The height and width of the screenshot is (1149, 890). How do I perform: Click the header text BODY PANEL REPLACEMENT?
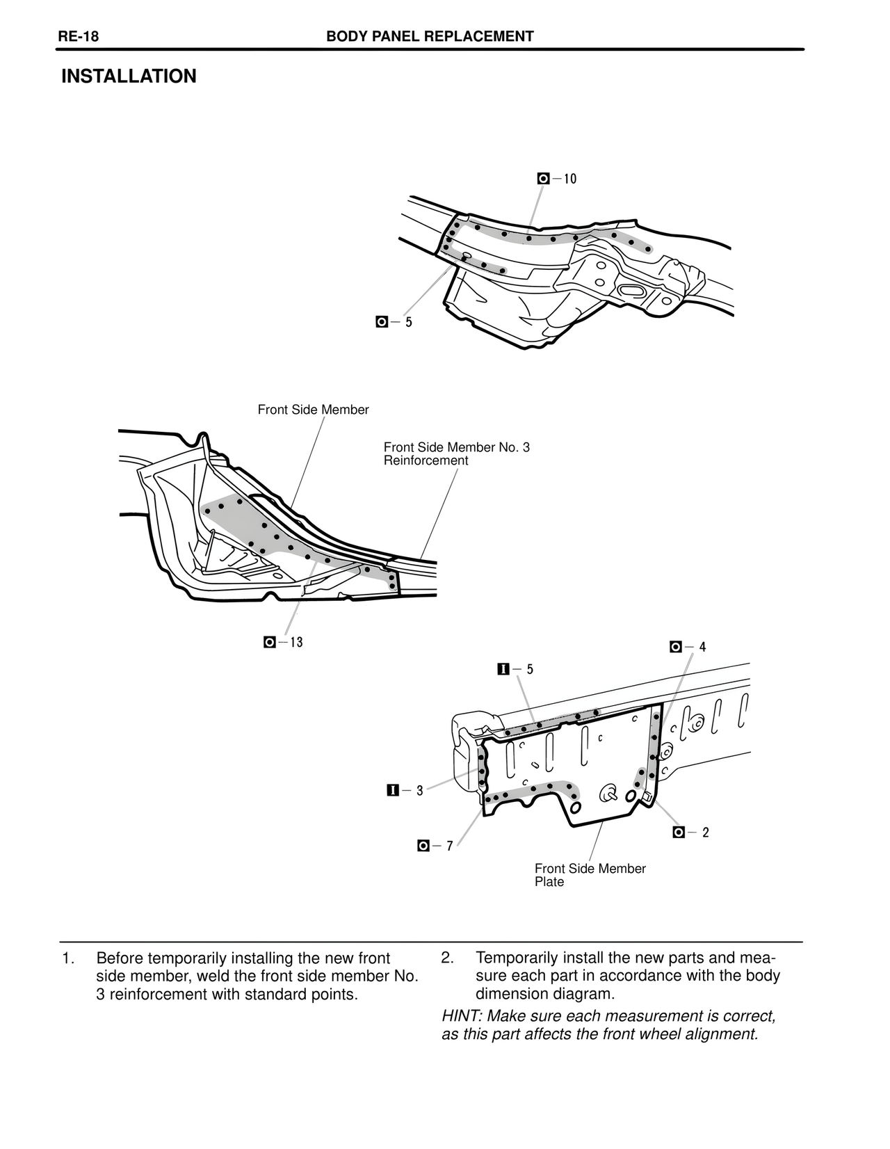(x=430, y=37)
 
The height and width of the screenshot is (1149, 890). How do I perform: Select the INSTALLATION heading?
(x=129, y=77)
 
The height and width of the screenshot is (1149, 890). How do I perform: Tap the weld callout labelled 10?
(x=558, y=179)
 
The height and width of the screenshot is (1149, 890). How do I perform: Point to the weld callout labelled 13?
(x=284, y=642)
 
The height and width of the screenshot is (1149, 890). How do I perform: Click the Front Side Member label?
(x=313, y=410)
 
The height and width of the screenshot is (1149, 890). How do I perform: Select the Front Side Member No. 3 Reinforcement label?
(x=456, y=453)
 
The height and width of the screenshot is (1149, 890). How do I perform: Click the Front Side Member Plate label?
(x=590, y=875)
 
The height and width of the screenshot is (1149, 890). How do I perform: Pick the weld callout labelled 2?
(x=691, y=833)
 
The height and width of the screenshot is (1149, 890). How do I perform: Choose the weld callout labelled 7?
(x=435, y=846)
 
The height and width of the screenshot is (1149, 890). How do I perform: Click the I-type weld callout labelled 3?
(x=405, y=790)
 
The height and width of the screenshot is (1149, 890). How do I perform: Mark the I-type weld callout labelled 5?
(x=516, y=669)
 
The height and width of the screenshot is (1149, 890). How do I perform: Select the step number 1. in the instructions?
(x=67, y=958)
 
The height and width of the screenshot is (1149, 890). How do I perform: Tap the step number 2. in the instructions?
(x=447, y=958)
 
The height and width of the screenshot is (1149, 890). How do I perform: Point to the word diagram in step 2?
(x=583, y=994)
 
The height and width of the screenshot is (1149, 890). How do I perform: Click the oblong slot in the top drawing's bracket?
(x=632, y=291)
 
